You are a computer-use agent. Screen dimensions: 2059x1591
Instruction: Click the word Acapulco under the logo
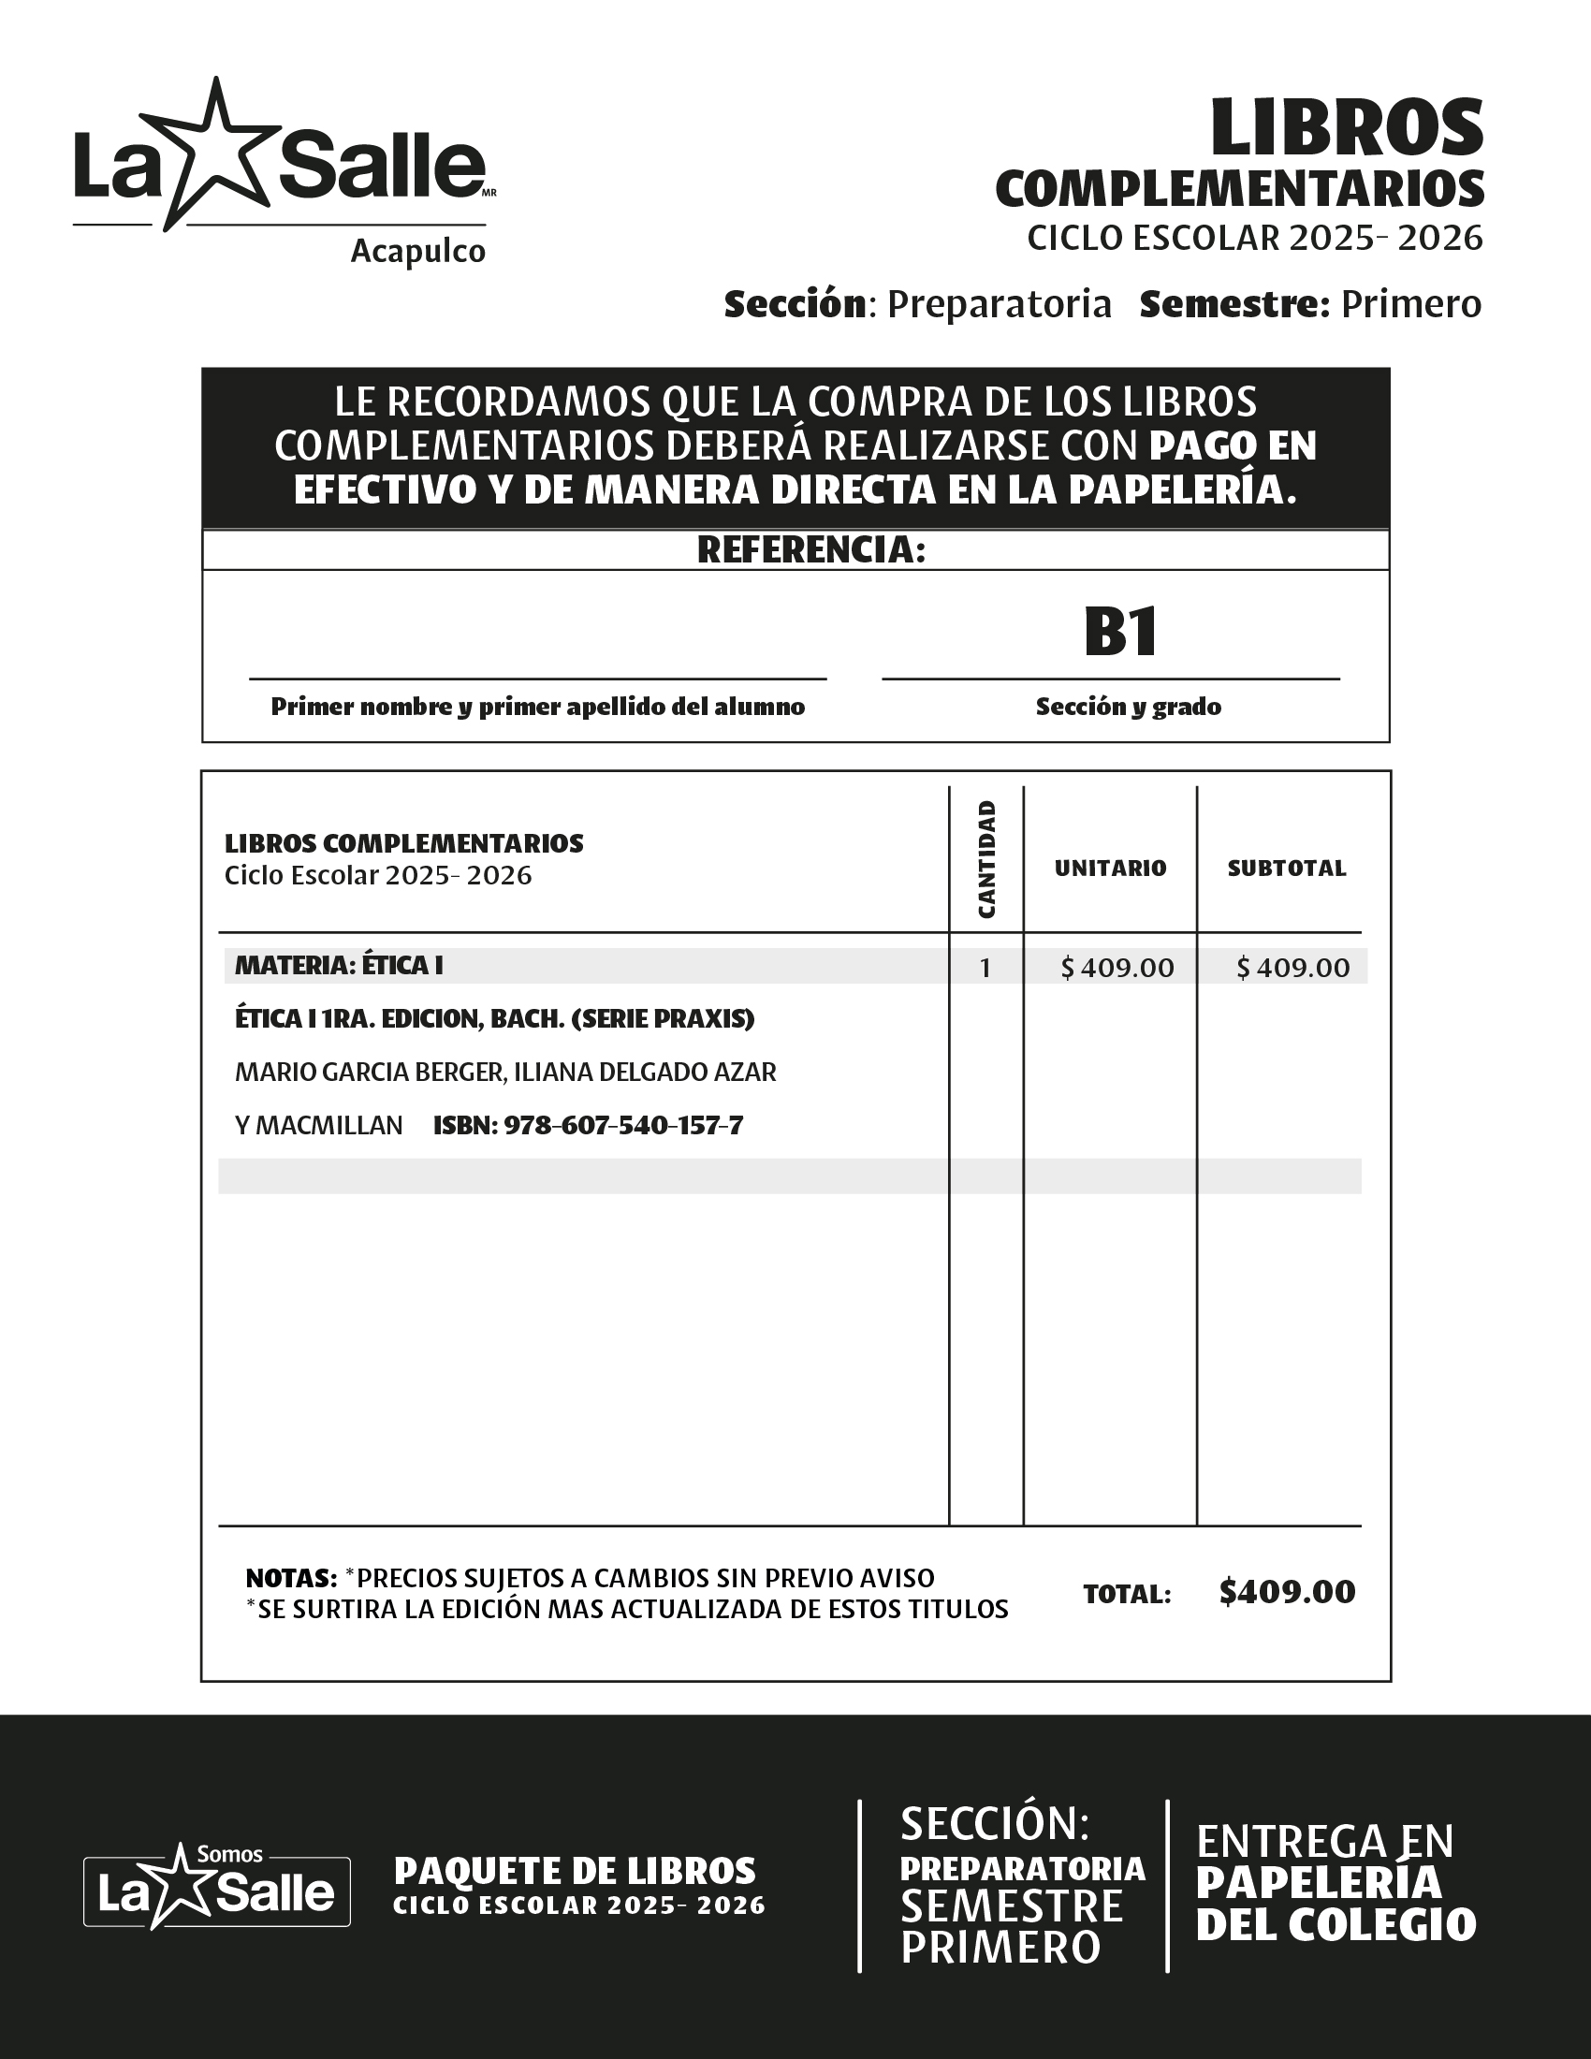pos(417,252)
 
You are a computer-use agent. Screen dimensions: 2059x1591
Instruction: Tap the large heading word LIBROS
pos(1347,129)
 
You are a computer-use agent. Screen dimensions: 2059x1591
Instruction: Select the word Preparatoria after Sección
pos(1000,304)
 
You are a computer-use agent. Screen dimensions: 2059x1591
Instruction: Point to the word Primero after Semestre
pos(1411,304)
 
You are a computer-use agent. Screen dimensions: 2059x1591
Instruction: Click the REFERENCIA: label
pos(810,550)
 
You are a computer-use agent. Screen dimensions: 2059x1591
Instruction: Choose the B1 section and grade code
pos(1119,632)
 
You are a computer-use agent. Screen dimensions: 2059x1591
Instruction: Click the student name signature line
pos(537,677)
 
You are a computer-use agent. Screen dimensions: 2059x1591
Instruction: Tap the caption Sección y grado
pos(1128,707)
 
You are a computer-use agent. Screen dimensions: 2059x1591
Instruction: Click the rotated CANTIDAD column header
pos(985,859)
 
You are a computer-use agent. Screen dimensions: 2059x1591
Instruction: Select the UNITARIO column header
pos(1110,869)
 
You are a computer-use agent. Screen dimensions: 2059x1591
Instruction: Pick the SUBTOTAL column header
pos(1286,869)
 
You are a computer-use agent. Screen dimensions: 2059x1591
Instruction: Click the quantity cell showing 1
pos(985,969)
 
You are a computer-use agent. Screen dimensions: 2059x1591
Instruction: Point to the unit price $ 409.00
pos(1117,969)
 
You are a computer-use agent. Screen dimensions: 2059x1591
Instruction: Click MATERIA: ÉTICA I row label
pos(339,966)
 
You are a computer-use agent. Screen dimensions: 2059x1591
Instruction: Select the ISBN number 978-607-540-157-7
pos(623,1126)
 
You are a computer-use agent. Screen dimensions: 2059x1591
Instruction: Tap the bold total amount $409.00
pos(1287,1592)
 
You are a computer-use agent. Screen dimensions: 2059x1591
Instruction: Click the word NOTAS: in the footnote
pos(290,1578)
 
